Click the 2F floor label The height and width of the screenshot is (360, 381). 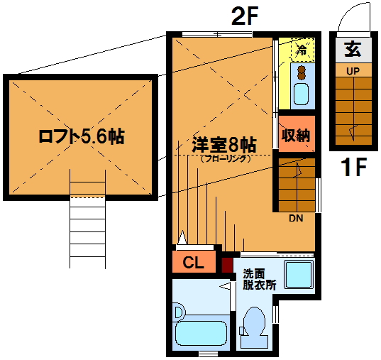(x=244, y=17)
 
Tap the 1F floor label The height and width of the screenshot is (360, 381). (x=353, y=167)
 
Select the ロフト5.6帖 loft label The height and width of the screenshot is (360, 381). (x=82, y=137)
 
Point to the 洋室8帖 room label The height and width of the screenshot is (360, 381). (x=224, y=146)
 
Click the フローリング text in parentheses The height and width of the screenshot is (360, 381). (x=225, y=158)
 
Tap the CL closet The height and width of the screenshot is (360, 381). (x=194, y=261)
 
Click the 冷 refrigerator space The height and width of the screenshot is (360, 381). (x=303, y=50)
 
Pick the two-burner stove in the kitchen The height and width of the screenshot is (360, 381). (x=302, y=72)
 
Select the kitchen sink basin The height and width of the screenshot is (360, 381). (x=302, y=94)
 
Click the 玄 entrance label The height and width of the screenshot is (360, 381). (x=353, y=50)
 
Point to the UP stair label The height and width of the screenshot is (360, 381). (x=353, y=71)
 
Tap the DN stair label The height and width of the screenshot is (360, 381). (x=296, y=219)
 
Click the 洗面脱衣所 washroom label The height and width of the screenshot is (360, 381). (x=259, y=280)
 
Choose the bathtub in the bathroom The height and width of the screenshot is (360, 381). (x=201, y=333)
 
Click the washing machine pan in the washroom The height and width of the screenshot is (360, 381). (x=299, y=275)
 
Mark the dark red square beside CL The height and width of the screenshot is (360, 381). (x=228, y=265)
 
